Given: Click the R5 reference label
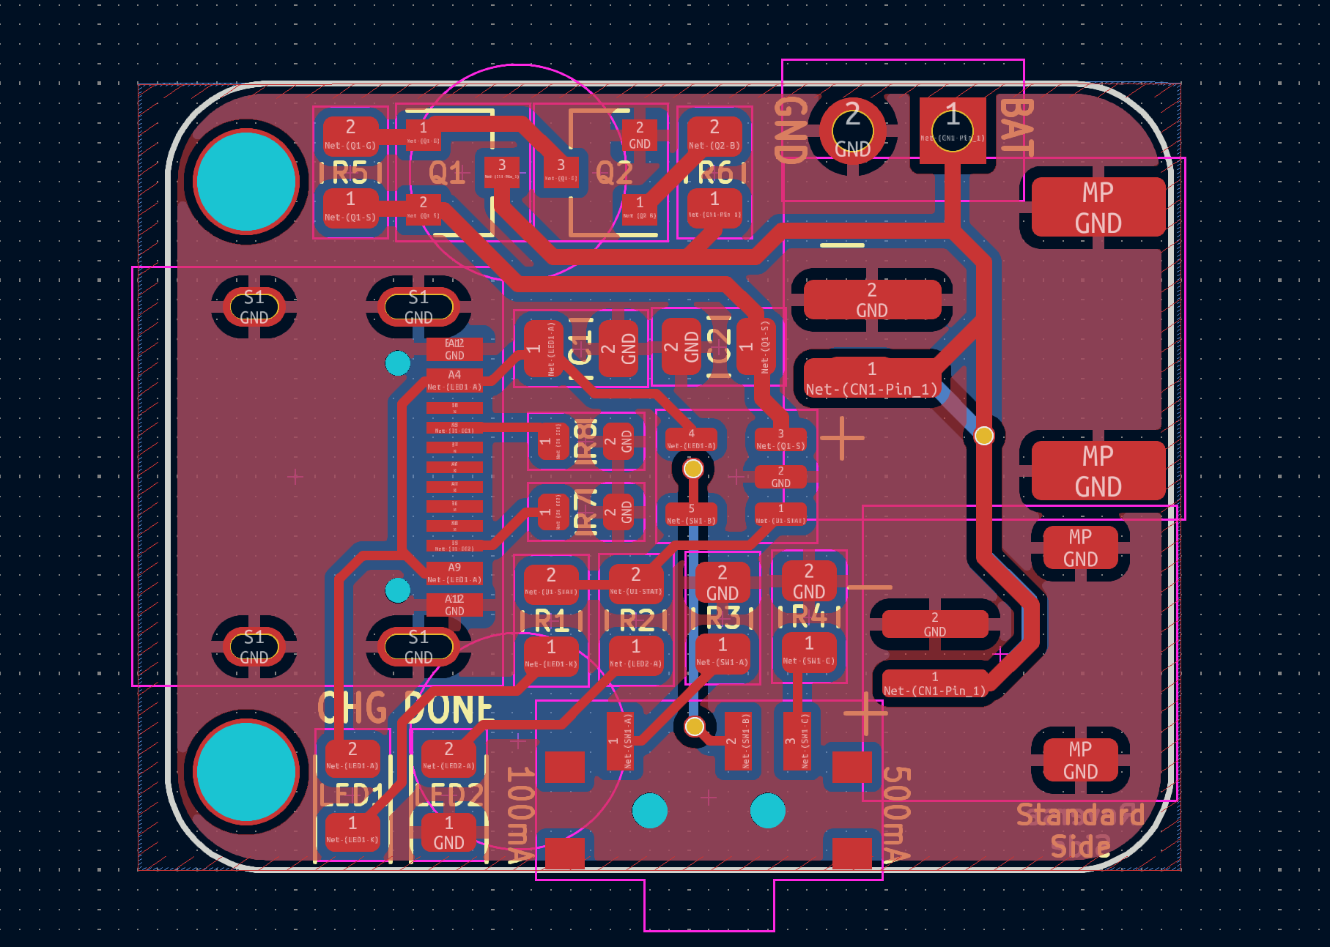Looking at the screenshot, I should [x=350, y=173].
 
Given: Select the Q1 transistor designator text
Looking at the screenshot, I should [x=446, y=174].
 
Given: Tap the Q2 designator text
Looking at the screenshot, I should [x=614, y=174].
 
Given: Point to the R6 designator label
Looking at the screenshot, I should [x=715, y=173].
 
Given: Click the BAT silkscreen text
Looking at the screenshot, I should [x=1016, y=127].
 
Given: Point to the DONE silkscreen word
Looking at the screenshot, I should [x=448, y=708].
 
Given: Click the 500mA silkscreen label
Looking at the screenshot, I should [x=896, y=813].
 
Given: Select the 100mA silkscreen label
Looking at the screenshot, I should [x=520, y=813].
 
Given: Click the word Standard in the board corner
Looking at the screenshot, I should [x=1079, y=814].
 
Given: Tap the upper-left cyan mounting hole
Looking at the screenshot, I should [x=246, y=181].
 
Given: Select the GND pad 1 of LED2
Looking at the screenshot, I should [x=448, y=833].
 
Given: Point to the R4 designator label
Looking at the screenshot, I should [x=809, y=617].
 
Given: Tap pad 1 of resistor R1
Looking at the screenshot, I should [x=551, y=654].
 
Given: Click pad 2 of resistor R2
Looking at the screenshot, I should [x=635, y=581].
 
